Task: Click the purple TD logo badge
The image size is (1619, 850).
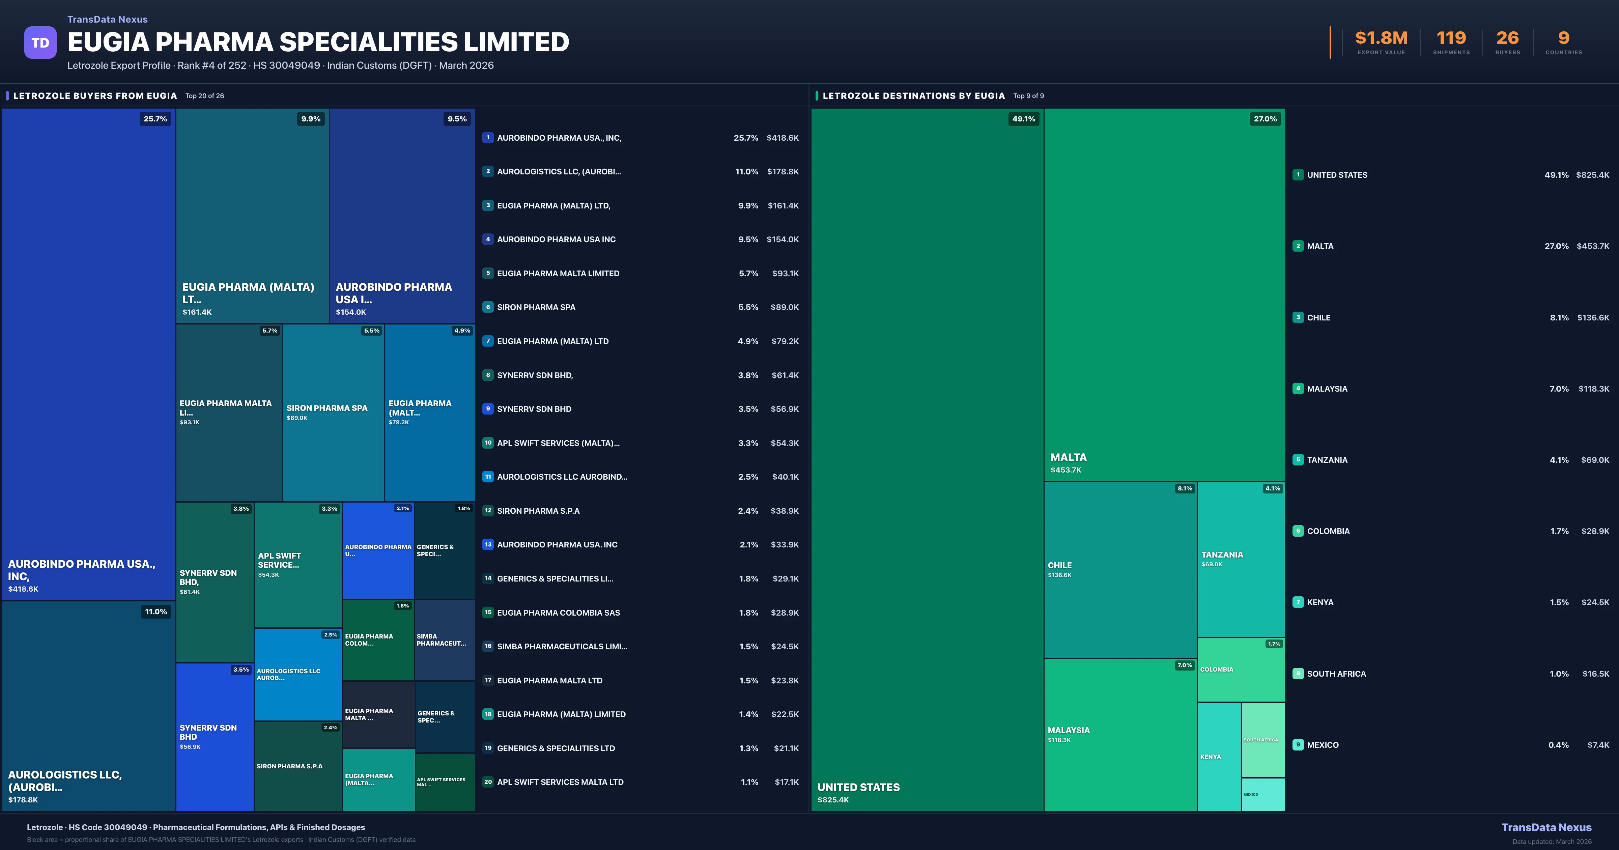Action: (40, 43)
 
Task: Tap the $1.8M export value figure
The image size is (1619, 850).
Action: (1381, 38)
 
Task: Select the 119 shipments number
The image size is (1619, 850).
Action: (1451, 38)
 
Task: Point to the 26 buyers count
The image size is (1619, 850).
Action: (1507, 38)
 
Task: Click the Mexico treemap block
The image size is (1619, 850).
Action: (1262, 794)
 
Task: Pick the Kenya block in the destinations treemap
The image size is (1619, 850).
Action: (1219, 756)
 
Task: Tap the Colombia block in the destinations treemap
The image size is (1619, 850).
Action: (1241, 670)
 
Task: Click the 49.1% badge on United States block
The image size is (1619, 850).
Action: (1023, 119)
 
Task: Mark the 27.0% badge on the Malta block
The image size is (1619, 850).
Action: (1265, 119)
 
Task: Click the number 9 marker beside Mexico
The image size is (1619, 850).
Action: (1298, 745)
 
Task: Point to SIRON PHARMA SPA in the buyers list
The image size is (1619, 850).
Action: (536, 307)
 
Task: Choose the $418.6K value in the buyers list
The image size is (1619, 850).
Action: (783, 138)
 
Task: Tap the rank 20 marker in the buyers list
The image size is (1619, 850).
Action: (488, 782)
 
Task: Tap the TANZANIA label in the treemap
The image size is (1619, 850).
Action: (1222, 555)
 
